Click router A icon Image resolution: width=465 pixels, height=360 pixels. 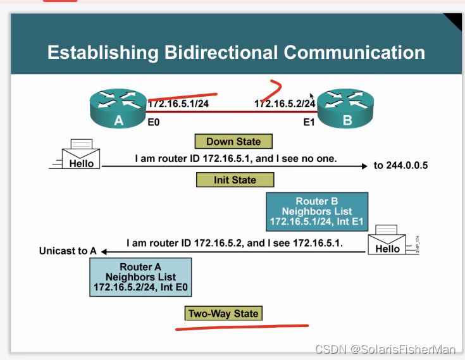tap(118, 108)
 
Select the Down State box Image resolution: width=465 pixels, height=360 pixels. tap(233, 141)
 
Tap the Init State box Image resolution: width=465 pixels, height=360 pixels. tap(235, 180)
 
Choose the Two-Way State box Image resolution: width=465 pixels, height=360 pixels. tap(223, 313)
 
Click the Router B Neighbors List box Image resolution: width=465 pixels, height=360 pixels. tap(317, 211)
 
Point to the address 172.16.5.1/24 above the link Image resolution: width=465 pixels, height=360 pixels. tap(178, 103)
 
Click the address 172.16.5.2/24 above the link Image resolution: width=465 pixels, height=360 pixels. tap(285, 103)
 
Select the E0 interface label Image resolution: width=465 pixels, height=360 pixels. tap(154, 122)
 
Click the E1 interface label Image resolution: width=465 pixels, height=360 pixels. tap(309, 122)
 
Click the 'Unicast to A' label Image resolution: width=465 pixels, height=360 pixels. tap(68, 251)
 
